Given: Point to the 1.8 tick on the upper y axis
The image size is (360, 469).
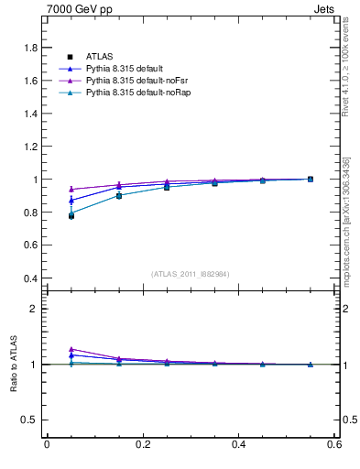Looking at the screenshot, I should (x=32, y=48).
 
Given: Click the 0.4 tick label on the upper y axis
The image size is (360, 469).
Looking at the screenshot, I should (x=32, y=278).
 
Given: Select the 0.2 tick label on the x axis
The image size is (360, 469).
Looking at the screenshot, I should (x=143, y=444).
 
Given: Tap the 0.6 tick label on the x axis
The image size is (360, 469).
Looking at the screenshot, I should (x=334, y=444).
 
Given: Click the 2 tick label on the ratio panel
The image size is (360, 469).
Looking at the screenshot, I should (x=36, y=309).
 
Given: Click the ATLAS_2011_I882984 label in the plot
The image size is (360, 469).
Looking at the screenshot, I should (x=191, y=274).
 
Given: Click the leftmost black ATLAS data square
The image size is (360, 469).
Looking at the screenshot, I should (x=71, y=216).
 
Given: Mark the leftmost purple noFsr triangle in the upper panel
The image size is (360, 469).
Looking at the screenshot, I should (x=71, y=189).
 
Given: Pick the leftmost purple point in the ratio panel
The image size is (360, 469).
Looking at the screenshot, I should (x=71, y=349).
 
